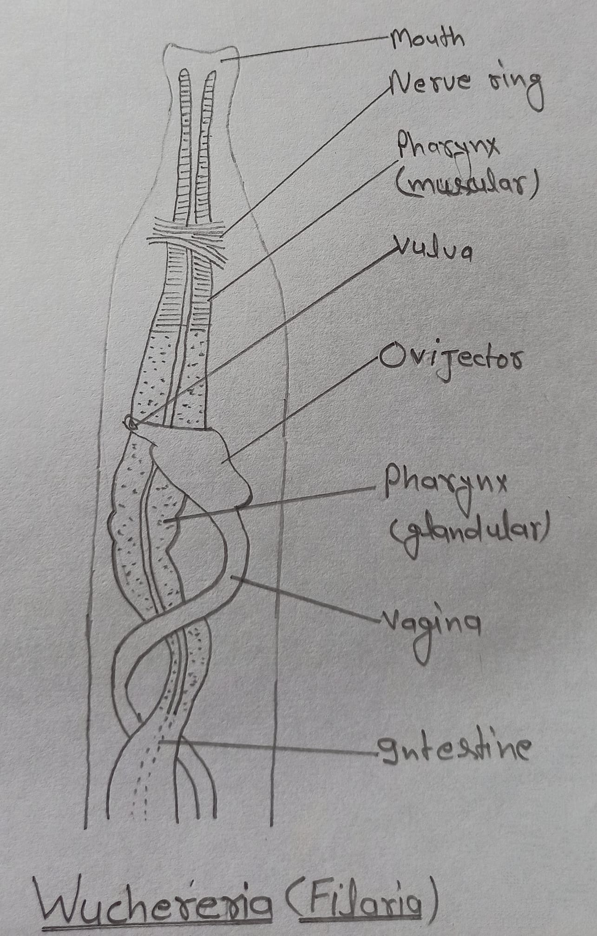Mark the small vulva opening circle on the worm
[130, 423]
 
